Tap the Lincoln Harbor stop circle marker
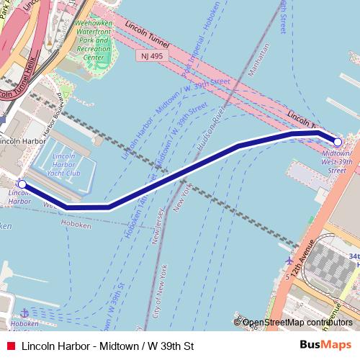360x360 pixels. tap(22, 184)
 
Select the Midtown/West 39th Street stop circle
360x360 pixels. tap(338, 142)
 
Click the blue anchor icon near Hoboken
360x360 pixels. tap(24, 312)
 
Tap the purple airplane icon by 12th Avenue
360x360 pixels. tap(289, 259)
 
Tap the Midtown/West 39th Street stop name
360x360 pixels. tap(338, 162)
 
